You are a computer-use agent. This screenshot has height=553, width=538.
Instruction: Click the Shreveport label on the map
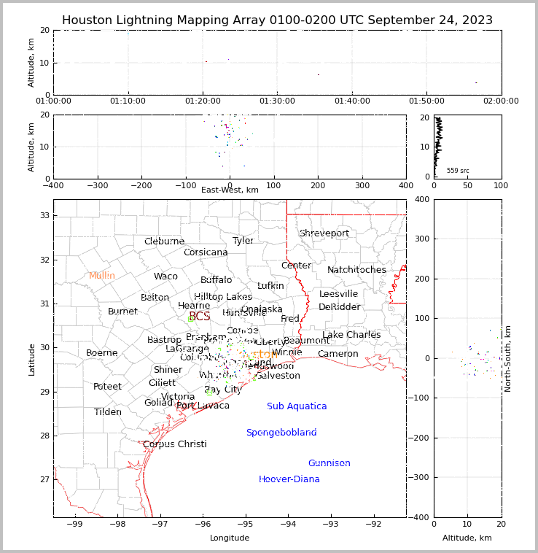324,233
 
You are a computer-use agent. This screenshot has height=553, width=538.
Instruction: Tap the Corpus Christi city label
175,444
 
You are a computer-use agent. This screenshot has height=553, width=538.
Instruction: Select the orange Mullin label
102,276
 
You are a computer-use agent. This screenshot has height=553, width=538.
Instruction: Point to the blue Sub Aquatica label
297,406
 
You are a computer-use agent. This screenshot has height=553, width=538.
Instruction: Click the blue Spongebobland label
281,433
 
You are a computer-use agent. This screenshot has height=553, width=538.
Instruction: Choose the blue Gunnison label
329,463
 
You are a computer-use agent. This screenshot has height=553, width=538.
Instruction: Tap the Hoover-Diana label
289,479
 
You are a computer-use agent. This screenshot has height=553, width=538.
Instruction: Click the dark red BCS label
199,317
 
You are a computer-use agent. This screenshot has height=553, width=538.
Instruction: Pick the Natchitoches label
356,270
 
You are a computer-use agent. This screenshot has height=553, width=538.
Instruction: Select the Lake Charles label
351,335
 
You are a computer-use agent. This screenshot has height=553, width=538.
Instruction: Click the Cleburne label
164,241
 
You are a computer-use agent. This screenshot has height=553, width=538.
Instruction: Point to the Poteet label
107,387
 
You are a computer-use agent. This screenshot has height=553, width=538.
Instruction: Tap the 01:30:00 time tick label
278,101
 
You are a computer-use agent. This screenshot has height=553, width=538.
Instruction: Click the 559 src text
458,171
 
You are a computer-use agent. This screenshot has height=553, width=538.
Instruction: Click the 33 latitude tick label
44,215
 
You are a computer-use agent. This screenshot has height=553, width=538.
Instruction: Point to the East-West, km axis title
230,190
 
